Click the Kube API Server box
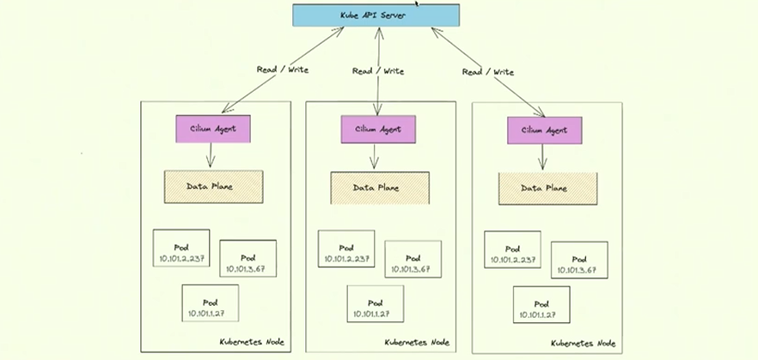click(376, 16)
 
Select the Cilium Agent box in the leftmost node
click(211, 129)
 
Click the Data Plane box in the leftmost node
click(213, 186)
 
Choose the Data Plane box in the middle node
click(380, 187)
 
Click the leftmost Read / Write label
click(282, 70)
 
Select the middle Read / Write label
click(378, 71)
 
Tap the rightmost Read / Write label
click(488, 72)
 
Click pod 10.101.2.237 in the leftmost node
click(181, 248)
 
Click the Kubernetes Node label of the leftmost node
click(253, 342)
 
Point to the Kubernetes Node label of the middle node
click(418, 342)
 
